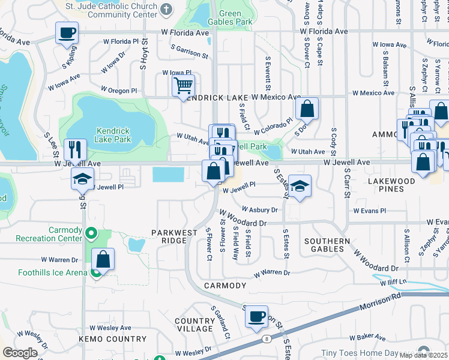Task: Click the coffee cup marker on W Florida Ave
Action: point(67,32)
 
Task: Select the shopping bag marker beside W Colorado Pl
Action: point(307,109)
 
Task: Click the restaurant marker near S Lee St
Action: point(75,149)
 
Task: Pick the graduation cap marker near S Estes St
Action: point(300,186)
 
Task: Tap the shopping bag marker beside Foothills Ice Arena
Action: point(103,259)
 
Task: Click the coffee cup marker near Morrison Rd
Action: point(257,316)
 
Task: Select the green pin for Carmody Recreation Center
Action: point(91,233)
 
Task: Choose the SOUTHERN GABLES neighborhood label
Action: point(327,245)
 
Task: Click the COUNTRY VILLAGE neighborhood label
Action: point(194,325)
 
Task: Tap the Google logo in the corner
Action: point(20,353)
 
